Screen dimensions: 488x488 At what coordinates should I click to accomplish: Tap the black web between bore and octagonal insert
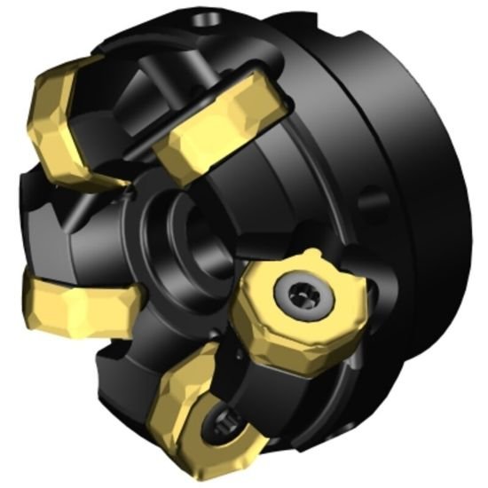tap(226, 284)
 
